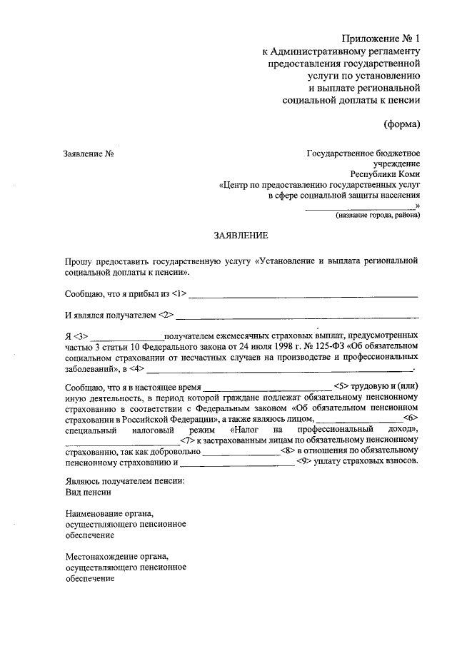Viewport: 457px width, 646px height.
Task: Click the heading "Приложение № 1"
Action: point(381,38)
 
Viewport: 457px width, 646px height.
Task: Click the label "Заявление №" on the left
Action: point(89,153)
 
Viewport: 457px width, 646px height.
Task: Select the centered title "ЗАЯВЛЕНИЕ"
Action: point(240,235)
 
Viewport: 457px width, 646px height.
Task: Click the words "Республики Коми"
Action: point(385,174)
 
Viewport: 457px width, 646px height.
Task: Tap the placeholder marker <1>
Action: point(179,293)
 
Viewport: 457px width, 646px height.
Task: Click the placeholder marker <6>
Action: point(410,418)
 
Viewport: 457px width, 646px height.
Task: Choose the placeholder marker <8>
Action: point(288,450)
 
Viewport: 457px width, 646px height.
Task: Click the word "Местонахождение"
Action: point(106,556)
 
